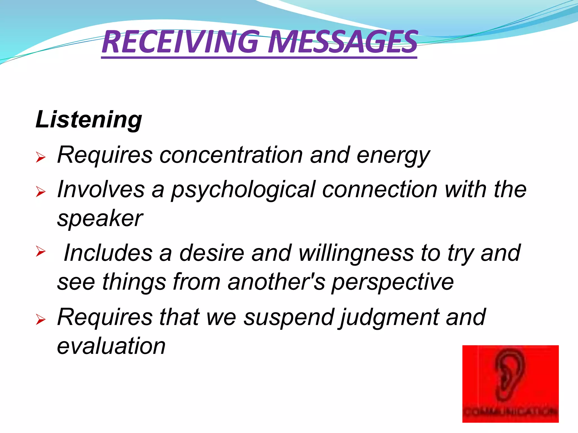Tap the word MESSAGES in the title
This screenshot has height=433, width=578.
click(x=343, y=42)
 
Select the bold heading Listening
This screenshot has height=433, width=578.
click(x=89, y=120)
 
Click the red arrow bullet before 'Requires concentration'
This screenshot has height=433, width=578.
click(x=41, y=157)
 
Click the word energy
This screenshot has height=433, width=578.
click(x=393, y=156)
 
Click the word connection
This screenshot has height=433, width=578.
click(x=380, y=189)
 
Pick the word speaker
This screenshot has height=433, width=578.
click(x=100, y=219)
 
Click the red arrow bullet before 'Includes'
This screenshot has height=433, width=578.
click(x=41, y=251)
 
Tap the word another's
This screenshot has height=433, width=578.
click(x=276, y=282)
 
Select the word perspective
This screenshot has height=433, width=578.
click(x=393, y=282)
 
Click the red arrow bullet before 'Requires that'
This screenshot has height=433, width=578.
click(x=41, y=320)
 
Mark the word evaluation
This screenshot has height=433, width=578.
click(x=111, y=346)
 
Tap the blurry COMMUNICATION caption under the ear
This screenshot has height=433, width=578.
click(x=510, y=412)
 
